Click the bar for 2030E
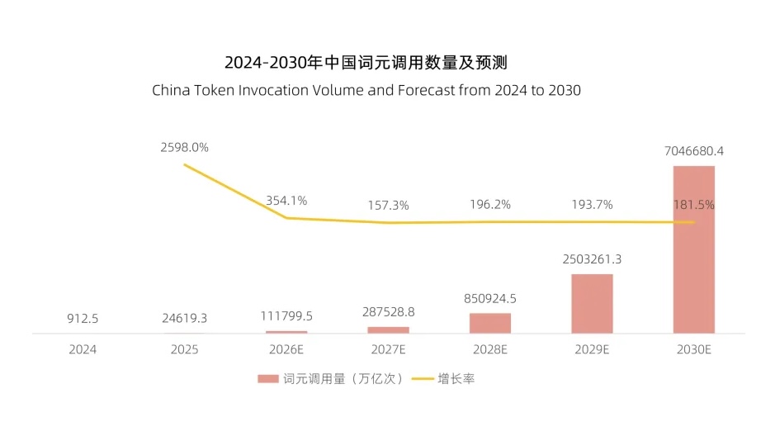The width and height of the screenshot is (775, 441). point(693,249)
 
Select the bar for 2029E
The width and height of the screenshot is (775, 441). point(592,303)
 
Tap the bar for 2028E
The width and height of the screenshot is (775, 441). point(490,323)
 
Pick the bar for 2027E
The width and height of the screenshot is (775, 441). point(388,330)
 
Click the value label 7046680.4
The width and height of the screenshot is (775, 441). point(693,151)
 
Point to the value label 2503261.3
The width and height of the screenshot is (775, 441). point(592,259)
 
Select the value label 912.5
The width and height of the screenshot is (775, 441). point(83,318)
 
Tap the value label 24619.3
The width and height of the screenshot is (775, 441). point(184,318)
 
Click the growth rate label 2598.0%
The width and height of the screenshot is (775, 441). point(184,147)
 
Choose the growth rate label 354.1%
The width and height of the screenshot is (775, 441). point(286,200)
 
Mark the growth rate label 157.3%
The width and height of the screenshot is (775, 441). point(388,206)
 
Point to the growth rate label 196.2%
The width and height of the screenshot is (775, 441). point(490,205)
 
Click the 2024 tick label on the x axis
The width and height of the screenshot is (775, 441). point(83,349)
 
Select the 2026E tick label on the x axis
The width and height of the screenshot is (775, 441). point(286,349)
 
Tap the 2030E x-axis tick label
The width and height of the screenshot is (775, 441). point(693,349)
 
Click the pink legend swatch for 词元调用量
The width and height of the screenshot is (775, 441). point(267,379)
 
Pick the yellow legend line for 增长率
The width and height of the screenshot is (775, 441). point(423,379)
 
